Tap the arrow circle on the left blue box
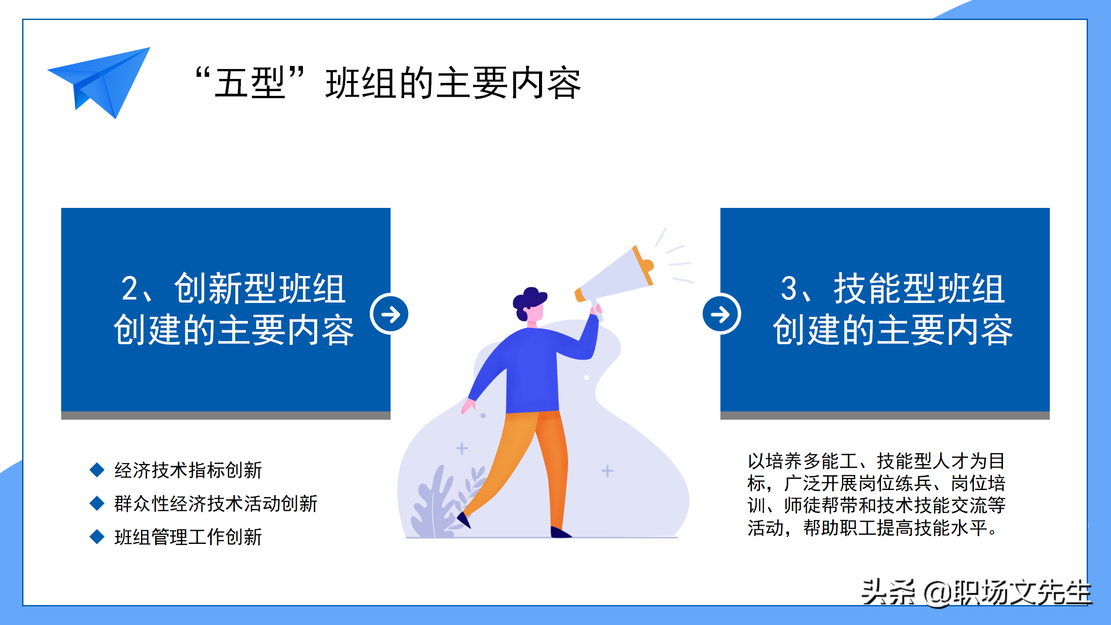click(x=389, y=314)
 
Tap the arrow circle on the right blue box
click(x=721, y=314)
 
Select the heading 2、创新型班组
click(x=233, y=289)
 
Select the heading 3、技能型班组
click(x=893, y=289)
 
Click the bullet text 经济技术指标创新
click(x=188, y=470)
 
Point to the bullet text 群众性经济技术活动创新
click(x=216, y=503)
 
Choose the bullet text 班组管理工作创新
click(x=188, y=537)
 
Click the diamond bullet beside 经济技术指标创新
click(x=97, y=470)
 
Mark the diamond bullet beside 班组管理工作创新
click(x=97, y=536)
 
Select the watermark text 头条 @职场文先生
click(x=976, y=593)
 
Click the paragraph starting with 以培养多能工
click(x=876, y=494)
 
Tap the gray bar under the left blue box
click(x=226, y=415)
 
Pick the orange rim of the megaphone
click(x=643, y=265)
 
